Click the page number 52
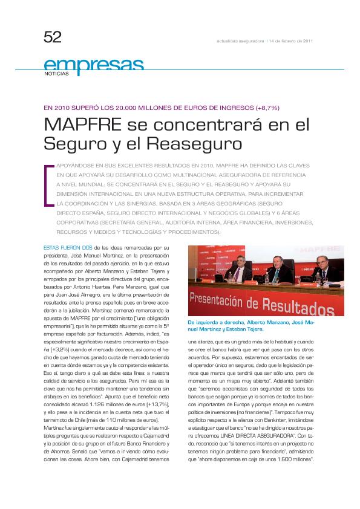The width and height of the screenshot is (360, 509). [53, 37]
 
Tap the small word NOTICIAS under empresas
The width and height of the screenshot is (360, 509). [56, 73]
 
